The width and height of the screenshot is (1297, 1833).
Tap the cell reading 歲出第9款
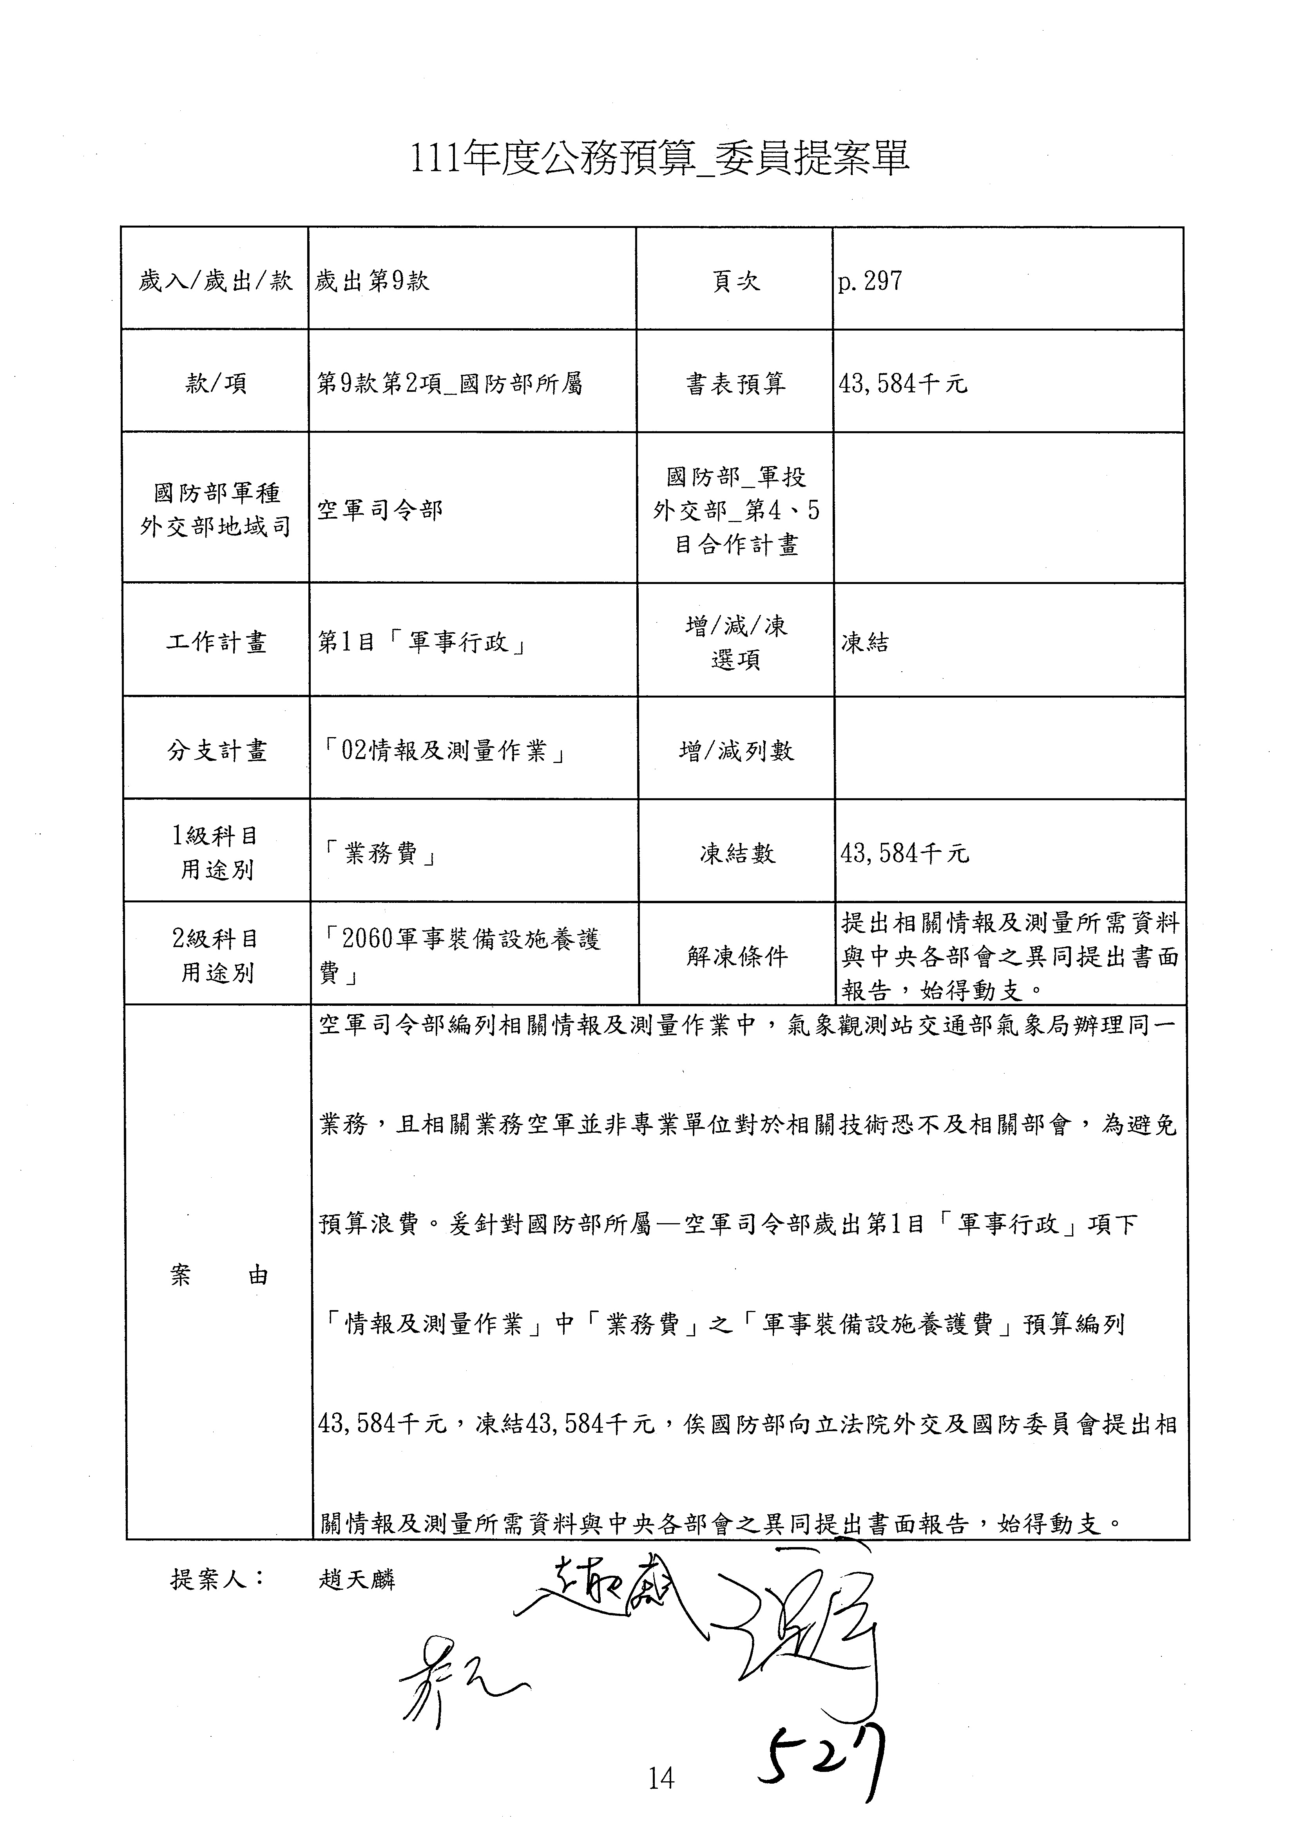[x=372, y=281]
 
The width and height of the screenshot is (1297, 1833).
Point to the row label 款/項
[x=216, y=384]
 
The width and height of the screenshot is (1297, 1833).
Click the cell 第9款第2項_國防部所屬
[x=449, y=384]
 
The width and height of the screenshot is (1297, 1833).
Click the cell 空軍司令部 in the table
[x=380, y=510]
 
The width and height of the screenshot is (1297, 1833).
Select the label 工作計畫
[x=216, y=642]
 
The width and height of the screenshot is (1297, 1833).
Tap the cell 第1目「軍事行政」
[x=422, y=642]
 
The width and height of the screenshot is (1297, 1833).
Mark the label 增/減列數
[x=736, y=750]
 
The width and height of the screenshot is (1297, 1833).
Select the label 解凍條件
[x=736, y=956]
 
